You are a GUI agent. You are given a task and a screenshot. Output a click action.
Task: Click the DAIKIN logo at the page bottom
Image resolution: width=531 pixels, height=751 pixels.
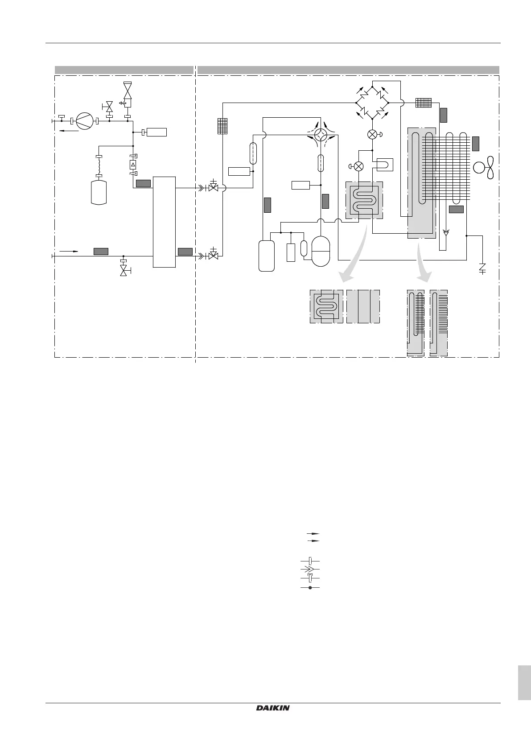pyautogui.click(x=273, y=708)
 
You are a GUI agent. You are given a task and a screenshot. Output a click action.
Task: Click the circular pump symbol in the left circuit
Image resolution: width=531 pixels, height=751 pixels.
pyautogui.click(x=83, y=120)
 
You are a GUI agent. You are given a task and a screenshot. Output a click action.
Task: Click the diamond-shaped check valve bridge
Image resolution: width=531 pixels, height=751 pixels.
pyautogui.click(x=372, y=103)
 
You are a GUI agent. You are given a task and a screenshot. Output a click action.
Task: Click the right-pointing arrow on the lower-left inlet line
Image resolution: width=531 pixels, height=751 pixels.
pyautogui.click(x=69, y=251)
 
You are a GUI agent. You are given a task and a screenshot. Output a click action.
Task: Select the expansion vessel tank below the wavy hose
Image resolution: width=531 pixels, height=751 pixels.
pyautogui.click(x=99, y=191)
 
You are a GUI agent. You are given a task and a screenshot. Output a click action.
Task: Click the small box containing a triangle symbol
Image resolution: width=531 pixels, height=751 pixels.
pyautogui.click(x=133, y=165)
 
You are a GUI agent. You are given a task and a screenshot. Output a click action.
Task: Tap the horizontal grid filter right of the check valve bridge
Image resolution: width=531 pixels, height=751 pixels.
pyautogui.click(x=424, y=103)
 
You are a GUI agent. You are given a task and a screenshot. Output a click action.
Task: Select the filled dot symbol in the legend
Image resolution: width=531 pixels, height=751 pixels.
pyautogui.click(x=310, y=588)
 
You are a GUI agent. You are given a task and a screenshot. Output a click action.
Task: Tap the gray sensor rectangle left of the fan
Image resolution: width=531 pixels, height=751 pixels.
pyautogui.click(x=476, y=143)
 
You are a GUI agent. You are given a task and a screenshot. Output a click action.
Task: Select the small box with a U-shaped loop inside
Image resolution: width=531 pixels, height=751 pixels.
pyautogui.click(x=384, y=165)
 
